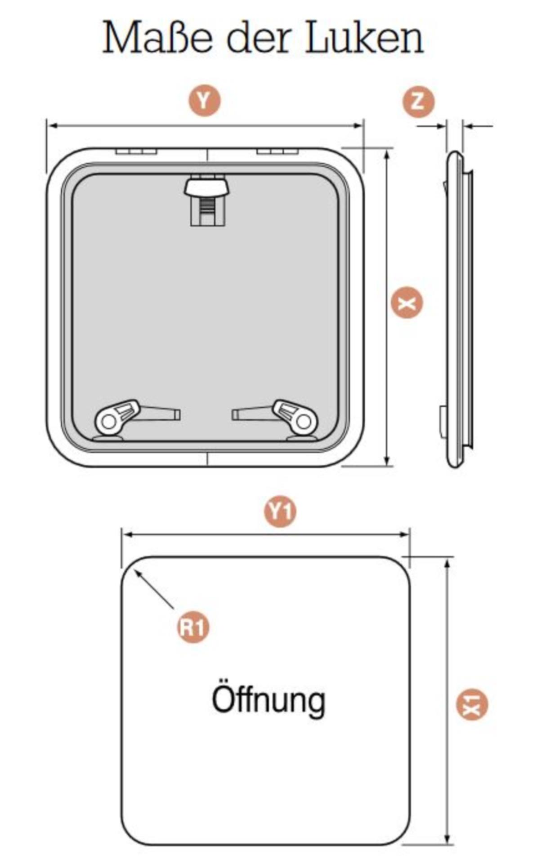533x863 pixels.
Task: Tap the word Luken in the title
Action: click(364, 38)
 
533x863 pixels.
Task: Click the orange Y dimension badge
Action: click(204, 101)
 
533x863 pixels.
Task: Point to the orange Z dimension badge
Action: click(418, 102)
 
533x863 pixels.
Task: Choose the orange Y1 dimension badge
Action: click(280, 511)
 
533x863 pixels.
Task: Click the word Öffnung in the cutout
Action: click(268, 700)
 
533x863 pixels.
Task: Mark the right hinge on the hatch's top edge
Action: click(277, 151)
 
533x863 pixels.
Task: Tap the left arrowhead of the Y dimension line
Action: click(52, 126)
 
